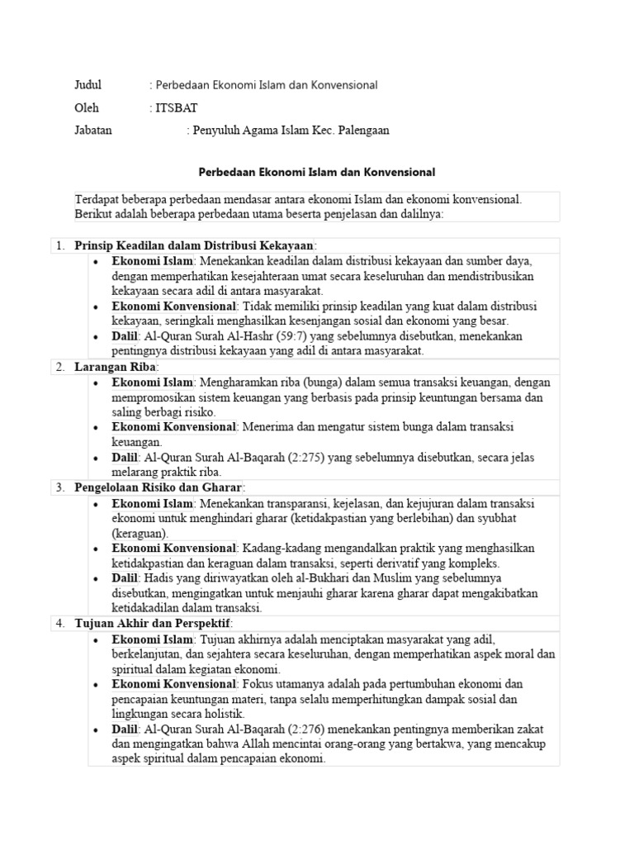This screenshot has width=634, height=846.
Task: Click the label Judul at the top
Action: pyautogui.click(x=88, y=84)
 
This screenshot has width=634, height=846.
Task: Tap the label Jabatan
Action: pyautogui.click(x=93, y=131)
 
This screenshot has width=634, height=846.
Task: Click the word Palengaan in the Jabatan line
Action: pyautogui.click(x=361, y=131)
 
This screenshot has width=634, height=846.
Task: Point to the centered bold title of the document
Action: pyautogui.click(x=317, y=173)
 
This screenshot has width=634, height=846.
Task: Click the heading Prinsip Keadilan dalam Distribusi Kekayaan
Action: pyautogui.click(x=194, y=245)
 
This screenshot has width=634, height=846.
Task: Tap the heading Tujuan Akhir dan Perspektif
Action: pyautogui.click(x=153, y=623)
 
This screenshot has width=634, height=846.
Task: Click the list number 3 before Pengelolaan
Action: pyautogui.click(x=59, y=487)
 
